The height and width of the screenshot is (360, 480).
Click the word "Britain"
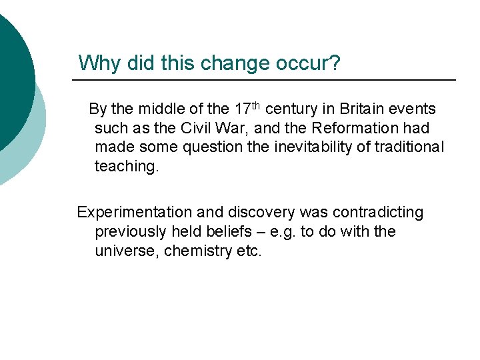coord(361,109)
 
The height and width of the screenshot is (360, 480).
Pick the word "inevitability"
coord(313,147)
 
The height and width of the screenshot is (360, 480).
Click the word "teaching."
coord(127,167)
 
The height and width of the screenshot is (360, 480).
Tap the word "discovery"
coord(261,213)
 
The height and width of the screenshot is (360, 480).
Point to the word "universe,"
coord(127,251)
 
